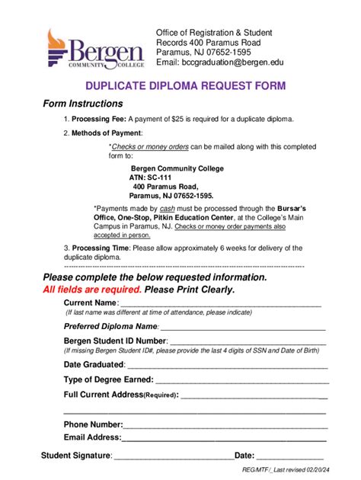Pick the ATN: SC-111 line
(149, 177)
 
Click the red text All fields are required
(92, 290)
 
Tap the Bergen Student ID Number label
(115, 341)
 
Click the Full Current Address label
(120, 395)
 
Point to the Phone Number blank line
(225, 425)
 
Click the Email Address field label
(92, 437)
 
